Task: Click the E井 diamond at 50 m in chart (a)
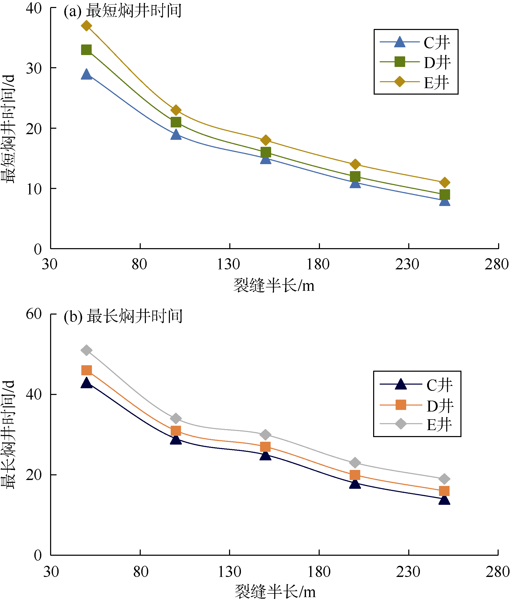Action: tap(87, 26)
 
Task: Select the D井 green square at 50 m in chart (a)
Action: tap(87, 50)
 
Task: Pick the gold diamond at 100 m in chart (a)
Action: tap(176, 110)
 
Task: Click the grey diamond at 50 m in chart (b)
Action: tap(87, 350)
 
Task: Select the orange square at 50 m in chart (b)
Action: tap(87, 370)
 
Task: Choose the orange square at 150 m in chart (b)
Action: tap(265, 447)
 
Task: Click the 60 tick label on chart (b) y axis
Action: tap(34, 314)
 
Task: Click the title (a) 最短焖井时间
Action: tap(123, 11)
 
